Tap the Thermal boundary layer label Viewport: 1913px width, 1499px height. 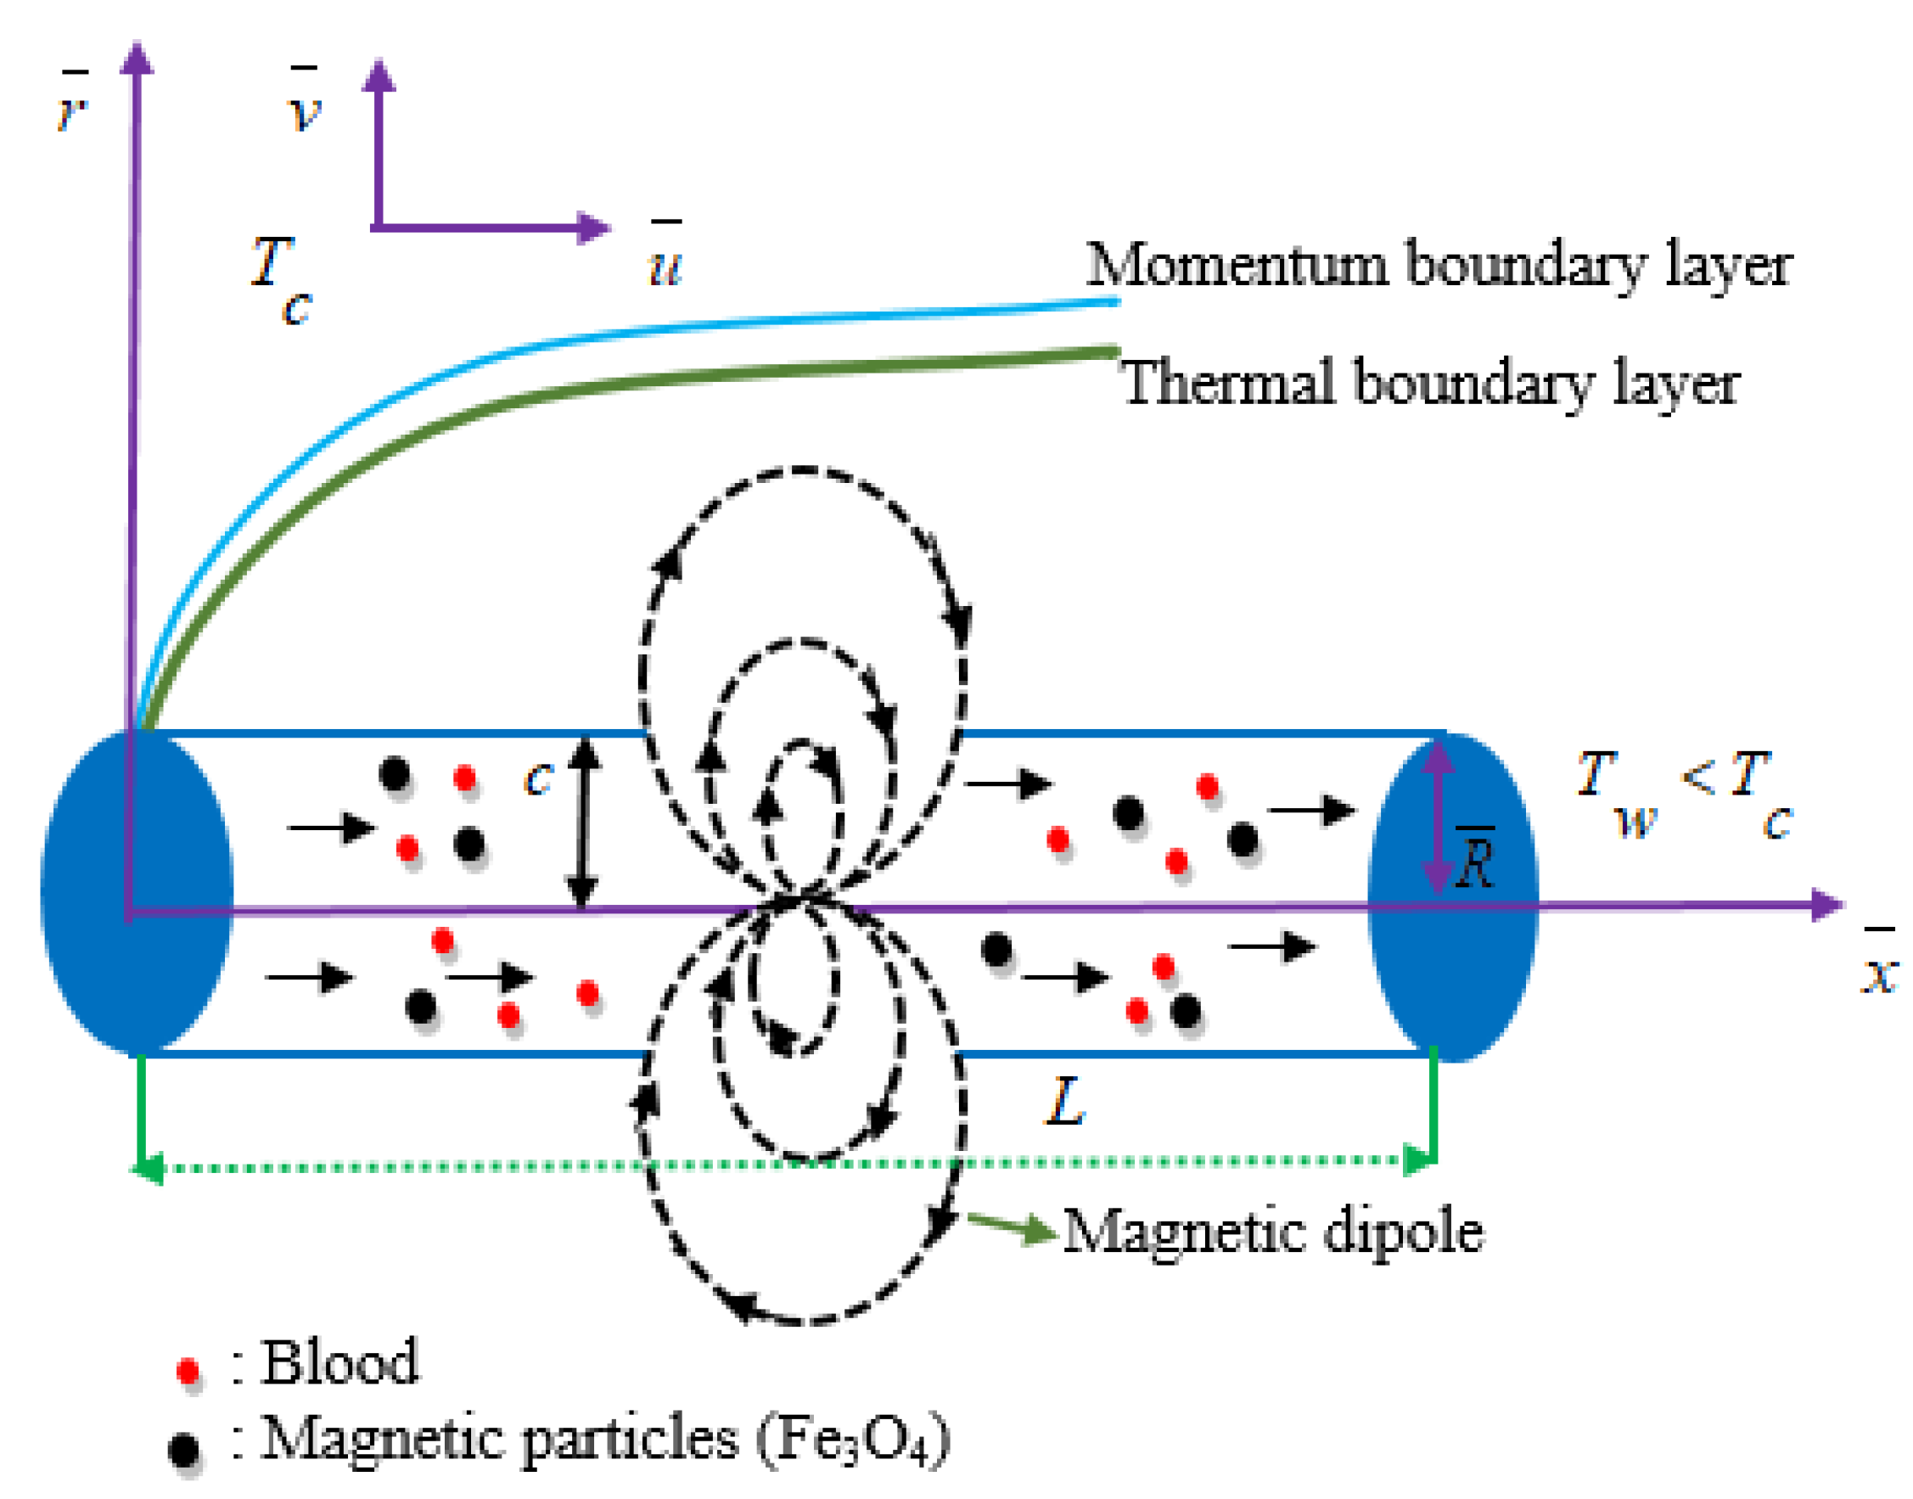click(1430, 384)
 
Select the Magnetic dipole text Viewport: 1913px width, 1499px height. click(1272, 1232)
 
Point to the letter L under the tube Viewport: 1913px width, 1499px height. click(1065, 1103)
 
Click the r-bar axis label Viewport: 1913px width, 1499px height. click(72, 105)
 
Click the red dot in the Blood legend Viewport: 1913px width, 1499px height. click(188, 1371)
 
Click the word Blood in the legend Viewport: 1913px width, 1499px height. click(340, 1363)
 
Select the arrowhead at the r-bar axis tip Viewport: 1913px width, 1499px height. click(137, 58)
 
